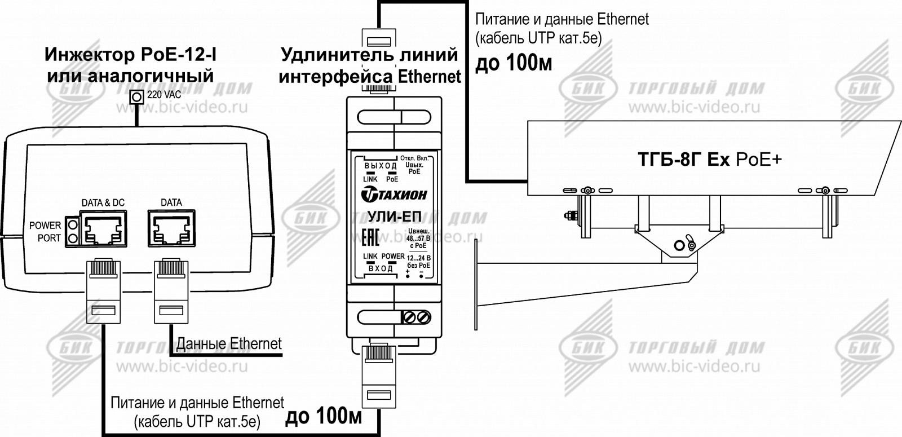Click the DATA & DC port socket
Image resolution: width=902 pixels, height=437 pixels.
[x=103, y=228]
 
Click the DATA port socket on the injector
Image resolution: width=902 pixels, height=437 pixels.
[x=170, y=228]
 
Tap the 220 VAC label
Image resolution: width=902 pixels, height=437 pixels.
[x=164, y=95]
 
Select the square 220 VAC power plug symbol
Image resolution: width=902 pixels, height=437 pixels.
[x=136, y=97]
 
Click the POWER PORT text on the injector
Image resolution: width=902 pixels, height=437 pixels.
[x=45, y=232]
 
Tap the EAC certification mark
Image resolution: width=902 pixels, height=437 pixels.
[x=369, y=237]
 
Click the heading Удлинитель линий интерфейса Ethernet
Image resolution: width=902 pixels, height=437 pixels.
[x=370, y=65]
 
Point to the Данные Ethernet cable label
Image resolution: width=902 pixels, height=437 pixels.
[x=229, y=343]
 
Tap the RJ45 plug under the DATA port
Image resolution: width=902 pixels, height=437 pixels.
[x=170, y=290]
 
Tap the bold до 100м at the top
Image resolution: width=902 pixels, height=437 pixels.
[x=514, y=64]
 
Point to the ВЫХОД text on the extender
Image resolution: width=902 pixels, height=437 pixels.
[x=381, y=166]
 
